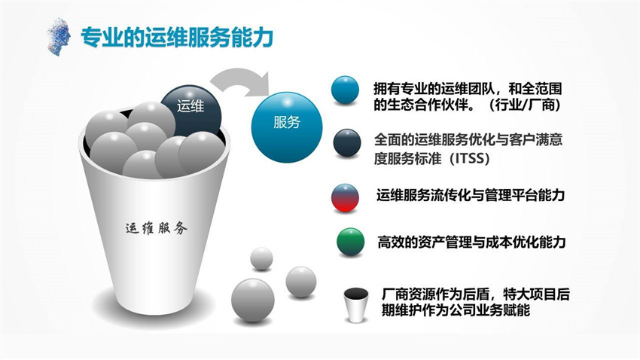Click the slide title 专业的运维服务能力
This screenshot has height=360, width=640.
click(177, 38)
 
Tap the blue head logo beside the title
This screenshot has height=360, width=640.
click(59, 36)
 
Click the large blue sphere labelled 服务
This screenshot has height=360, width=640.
click(287, 122)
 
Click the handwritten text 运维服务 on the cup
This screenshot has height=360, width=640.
click(157, 228)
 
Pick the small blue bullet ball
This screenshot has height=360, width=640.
click(346, 90)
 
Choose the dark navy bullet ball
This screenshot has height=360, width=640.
click(347, 143)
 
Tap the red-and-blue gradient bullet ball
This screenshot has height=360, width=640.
click(346, 197)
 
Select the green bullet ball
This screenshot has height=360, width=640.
click(351, 242)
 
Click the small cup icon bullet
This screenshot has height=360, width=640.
click(356, 305)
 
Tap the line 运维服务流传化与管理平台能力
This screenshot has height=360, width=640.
click(470, 195)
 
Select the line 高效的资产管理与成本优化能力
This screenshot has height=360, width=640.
click(471, 242)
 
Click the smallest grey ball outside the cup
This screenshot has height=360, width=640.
click(261, 258)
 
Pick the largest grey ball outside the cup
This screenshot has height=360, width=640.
click(253, 301)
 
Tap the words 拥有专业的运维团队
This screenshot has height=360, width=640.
click(434, 89)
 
